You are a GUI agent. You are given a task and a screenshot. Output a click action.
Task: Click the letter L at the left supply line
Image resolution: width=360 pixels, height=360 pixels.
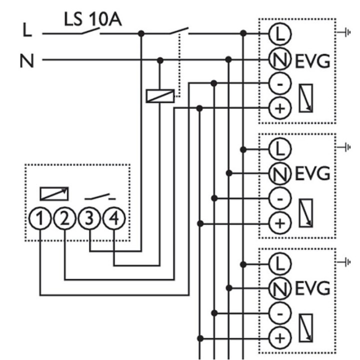click(x=27, y=33)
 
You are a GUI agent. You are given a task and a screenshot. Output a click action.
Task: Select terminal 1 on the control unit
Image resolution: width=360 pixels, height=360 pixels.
click(x=41, y=218)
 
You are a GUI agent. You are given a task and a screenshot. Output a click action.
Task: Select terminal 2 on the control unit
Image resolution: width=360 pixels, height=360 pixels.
click(x=65, y=218)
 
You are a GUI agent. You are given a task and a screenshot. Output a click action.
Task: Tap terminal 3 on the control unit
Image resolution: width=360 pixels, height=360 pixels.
click(x=90, y=218)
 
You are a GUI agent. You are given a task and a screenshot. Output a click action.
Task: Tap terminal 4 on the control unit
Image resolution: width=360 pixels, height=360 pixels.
click(x=114, y=218)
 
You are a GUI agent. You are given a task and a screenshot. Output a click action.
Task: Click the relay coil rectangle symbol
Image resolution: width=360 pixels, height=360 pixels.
click(x=160, y=95)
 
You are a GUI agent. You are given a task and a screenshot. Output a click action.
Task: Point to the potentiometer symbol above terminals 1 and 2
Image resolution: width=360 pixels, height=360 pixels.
click(x=54, y=193)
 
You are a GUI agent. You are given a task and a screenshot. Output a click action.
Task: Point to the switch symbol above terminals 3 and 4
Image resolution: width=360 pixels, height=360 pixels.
click(x=102, y=195)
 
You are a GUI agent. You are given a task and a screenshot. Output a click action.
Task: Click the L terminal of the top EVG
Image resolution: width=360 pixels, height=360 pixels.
click(x=279, y=33)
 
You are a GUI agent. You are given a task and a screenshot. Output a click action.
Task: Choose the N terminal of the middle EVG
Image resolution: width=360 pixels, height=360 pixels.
click(x=279, y=173)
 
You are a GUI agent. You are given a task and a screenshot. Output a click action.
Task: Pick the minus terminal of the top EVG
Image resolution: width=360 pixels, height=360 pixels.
click(x=279, y=83)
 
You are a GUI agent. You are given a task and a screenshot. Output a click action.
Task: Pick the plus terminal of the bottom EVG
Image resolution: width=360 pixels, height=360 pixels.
click(x=279, y=337)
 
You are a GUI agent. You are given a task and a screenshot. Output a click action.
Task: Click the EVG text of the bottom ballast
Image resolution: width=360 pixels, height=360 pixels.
click(x=312, y=288)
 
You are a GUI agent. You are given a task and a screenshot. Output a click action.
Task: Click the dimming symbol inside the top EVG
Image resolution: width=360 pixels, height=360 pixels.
click(x=305, y=98)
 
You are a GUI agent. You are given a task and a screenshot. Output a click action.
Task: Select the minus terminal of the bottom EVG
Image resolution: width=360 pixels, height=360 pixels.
click(x=279, y=313)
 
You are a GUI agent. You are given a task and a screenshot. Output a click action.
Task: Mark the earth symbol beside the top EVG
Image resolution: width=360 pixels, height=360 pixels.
click(x=344, y=32)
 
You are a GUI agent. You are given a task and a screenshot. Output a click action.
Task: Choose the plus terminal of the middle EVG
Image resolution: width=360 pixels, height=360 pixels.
click(x=279, y=222)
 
